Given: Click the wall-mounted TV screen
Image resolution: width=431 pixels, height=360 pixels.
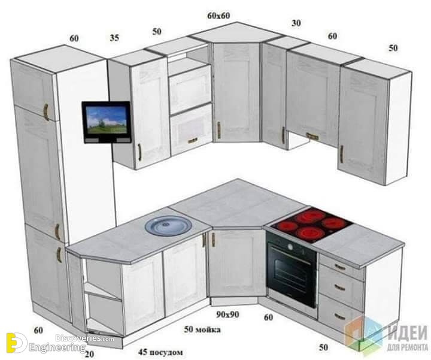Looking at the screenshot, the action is coord(107,120).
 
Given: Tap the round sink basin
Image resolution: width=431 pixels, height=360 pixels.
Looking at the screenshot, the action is coord(168,225).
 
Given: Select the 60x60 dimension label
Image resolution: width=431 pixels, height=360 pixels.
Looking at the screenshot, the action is coord(218,16).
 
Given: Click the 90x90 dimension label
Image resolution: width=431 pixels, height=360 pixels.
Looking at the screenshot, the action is coord(227,314).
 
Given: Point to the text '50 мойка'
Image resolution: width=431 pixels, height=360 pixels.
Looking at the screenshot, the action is coord(202,329).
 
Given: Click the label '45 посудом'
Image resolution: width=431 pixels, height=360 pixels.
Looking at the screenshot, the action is coord(160,352).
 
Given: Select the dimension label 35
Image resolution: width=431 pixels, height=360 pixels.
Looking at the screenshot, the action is coord(114,38).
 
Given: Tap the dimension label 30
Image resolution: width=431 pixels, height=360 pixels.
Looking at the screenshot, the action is coord(296,23).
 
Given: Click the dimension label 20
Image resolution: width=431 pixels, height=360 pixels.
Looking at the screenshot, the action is coord(89,354).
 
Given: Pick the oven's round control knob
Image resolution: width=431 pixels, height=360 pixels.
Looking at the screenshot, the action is coord(290,246).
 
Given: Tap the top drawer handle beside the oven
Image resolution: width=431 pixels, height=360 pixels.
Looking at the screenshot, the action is coord(340,267).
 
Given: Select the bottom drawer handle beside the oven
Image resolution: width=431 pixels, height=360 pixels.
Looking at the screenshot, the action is coord(340,316).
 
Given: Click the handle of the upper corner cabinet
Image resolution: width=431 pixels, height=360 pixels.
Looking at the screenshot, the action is coord(219,130).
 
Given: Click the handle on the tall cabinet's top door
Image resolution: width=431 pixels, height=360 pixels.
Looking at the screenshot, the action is coord(46,112).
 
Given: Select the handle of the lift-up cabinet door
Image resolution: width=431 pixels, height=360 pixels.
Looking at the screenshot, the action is coord(193,141).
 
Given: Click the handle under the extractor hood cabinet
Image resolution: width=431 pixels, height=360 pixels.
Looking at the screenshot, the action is coord(312,136).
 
